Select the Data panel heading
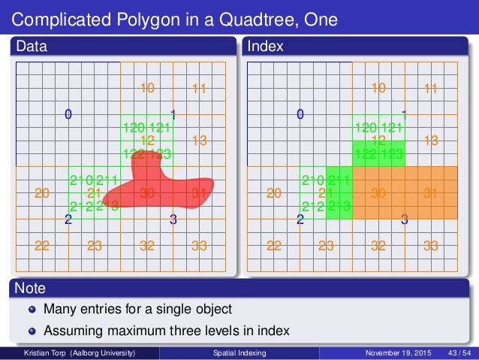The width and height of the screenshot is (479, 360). point(32,47)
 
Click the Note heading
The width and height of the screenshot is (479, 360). point(31,288)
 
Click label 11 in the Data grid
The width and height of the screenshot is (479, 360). point(199,89)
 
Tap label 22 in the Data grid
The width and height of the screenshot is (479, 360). point(42,245)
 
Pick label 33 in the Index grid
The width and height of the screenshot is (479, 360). point(431,245)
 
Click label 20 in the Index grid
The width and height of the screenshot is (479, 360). point(274,193)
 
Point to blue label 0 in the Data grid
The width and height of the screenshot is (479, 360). point(68,115)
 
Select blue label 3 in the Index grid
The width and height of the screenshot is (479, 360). point(404,220)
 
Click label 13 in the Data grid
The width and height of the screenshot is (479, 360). point(199,141)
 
